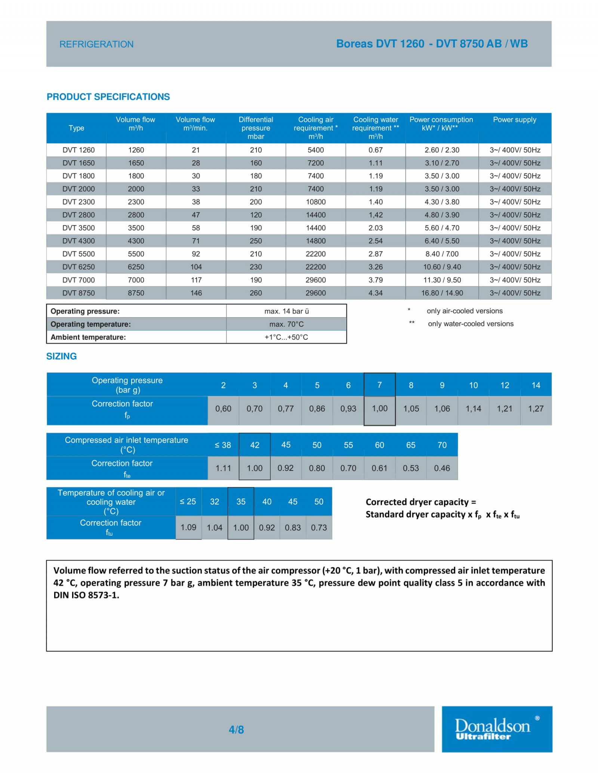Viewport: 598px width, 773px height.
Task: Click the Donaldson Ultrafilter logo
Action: click(496, 729)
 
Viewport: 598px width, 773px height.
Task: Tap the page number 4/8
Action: click(236, 729)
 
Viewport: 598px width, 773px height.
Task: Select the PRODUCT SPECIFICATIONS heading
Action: click(108, 97)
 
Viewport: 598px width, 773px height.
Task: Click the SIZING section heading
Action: click(61, 356)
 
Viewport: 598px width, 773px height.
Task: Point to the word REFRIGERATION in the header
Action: click(96, 44)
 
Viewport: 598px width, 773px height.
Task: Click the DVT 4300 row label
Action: click(78, 241)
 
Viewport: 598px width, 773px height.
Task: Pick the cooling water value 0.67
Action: click(375, 150)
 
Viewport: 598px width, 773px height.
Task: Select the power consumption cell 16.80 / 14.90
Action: click(442, 293)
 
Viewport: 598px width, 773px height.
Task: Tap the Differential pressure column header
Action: click(256, 128)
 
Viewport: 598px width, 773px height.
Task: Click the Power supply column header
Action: click(514, 120)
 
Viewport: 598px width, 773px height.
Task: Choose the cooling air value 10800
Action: click(315, 202)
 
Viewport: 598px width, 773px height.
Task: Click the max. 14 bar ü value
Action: click(286, 311)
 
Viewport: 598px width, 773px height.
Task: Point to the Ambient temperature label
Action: click(88, 337)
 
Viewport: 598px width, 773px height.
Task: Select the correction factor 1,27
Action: click(536, 409)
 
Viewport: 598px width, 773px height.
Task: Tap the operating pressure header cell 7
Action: click(379, 385)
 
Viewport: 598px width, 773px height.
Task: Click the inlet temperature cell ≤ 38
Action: click(223, 445)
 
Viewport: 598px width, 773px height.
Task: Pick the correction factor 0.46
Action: click(442, 468)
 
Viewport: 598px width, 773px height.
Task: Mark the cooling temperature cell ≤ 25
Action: click(188, 502)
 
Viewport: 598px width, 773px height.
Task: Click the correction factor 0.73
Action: click(318, 527)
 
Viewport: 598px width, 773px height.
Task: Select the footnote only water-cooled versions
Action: click(471, 324)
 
